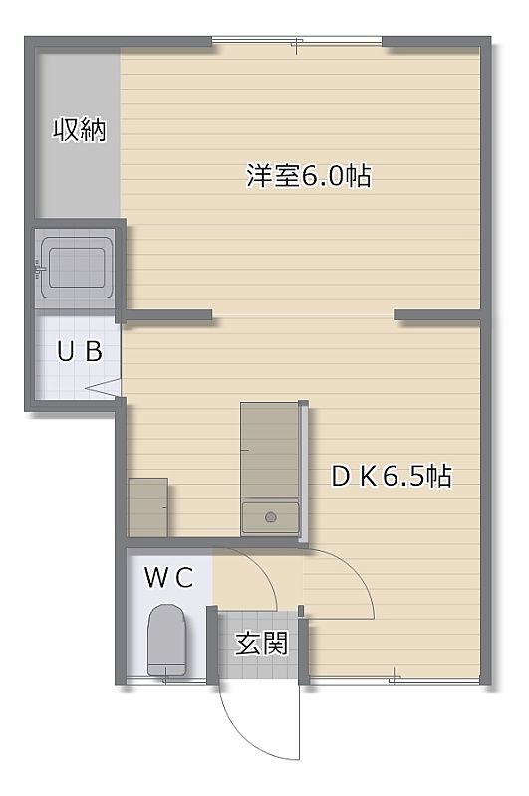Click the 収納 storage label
click(x=80, y=130)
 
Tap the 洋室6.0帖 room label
click(x=309, y=176)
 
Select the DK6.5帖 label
click(x=392, y=477)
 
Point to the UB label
click(x=80, y=351)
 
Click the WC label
click(x=169, y=578)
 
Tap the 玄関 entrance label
click(x=261, y=643)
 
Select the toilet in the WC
click(x=167, y=640)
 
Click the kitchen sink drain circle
click(x=271, y=517)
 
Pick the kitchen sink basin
click(x=270, y=517)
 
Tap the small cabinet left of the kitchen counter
click(x=147, y=507)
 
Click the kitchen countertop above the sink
click(x=269, y=450)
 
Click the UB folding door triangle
click(x=104, y=387)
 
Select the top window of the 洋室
click(x=297, y=42)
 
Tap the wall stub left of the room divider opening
click(x=168, y=315)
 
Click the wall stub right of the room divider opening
click(x=437, y=315)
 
